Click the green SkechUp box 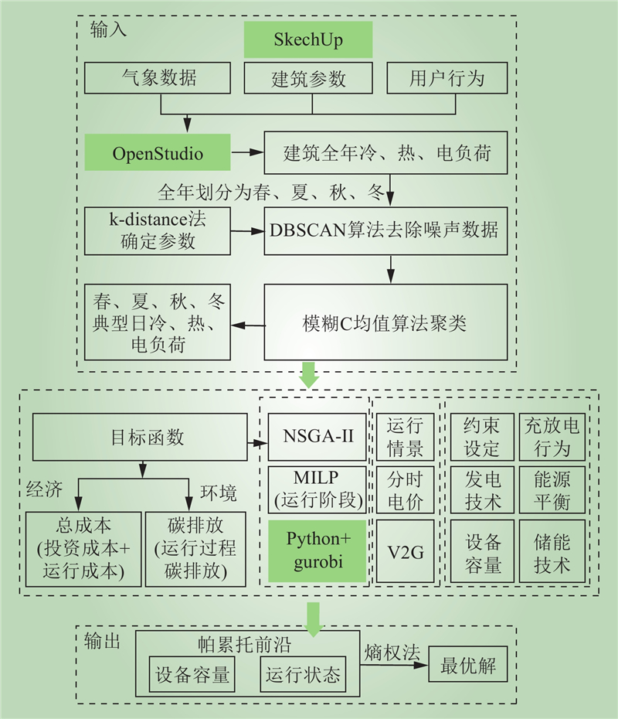pyautogui.click(x=308, y=40)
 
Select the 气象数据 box pyautogui.click(x=159, y=78)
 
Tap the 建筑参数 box pyautogui.click(x=308, y=78)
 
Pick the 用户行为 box pyautogui.click(x=447, y=78)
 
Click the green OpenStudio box pyautogui.click(x=158, y=152)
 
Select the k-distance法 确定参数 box pyautogui.click(x=158, y=230)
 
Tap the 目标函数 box pyautogui.click(x=142, y=438)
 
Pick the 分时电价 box pyautogui.click(x=405, y=491)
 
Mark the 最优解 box pyautogui.click(x=468, y=664)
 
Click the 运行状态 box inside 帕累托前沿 pyautogui.click(x=302, y=675)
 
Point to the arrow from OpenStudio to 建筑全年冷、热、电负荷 pyautogui.click(x=247, y=152)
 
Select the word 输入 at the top pyautogui.click(x=108, y=29)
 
